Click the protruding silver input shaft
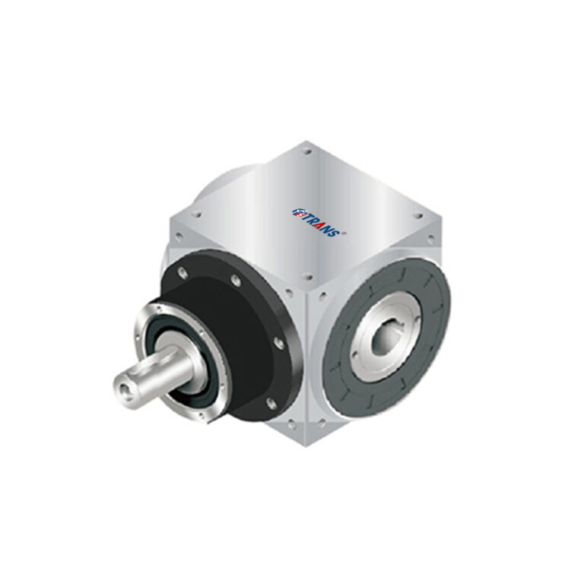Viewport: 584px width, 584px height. coord(156,376)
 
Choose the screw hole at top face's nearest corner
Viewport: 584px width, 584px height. coord(305,278)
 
